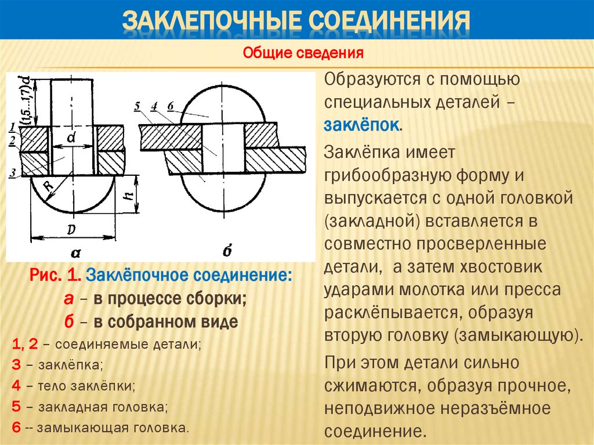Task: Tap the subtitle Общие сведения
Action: [x=303, y=55]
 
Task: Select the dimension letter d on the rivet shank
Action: [x=71, y=138]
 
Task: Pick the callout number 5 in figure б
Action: [x=137, y=106]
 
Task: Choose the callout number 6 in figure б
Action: [x=170, y=106]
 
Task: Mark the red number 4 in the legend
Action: [x=16, y=385]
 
